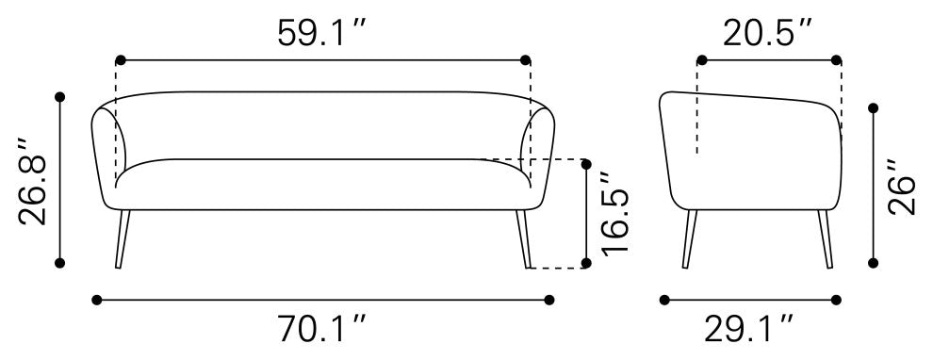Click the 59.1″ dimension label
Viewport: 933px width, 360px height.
tap(320, 33)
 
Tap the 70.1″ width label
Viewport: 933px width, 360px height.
tap(320, 329)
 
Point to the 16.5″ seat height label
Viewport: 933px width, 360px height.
tap(614, 214)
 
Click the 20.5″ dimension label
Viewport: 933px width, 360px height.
tap(767, 33)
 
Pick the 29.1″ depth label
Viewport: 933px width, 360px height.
tap(748, 329)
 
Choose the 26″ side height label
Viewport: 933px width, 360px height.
tap(902, 187)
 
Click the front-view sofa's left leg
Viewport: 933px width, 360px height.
tap(122, 238)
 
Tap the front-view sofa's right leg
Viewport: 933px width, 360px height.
tap(524, 238)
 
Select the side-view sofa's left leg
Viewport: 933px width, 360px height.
tap(690, 238)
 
